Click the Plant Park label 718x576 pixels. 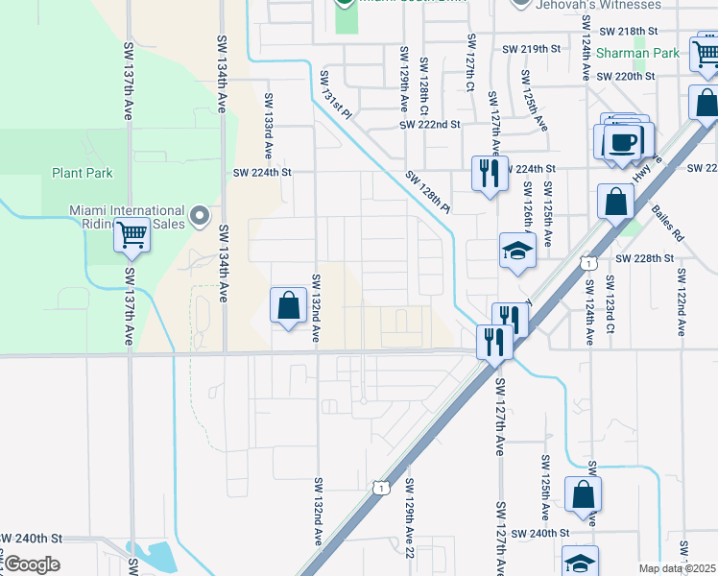(x=83, y=174)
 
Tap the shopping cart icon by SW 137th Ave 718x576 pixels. (x=132, y=233)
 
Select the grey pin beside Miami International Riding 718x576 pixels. (x=200, y=216)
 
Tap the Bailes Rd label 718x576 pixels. (x=664, y=222)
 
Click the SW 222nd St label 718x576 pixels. (x=431, y=125)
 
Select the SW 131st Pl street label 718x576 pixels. (x=336, y=93)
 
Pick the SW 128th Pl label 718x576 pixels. (x=427, y=191)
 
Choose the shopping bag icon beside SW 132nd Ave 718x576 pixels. (x=288, y=307)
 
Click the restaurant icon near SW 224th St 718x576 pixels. (x=489, y=174)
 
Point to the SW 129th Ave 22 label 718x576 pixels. (x=409, y=517)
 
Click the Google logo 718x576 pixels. (x=31, y=564)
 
